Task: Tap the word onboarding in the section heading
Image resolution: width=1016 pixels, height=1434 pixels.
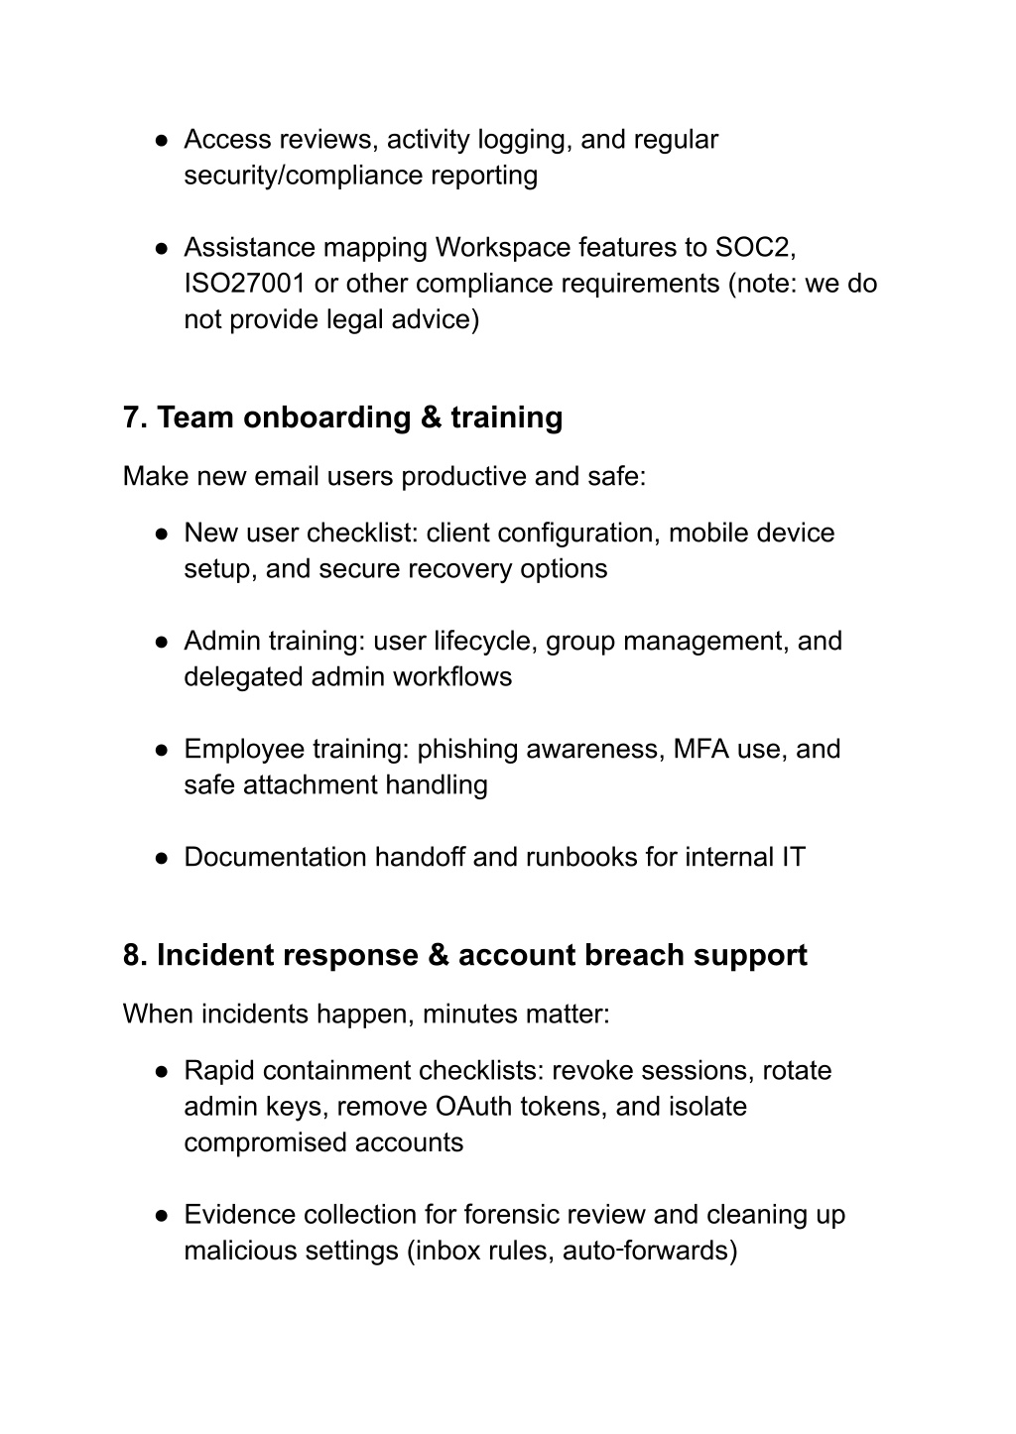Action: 326,418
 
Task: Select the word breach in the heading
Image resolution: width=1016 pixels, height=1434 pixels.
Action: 634,955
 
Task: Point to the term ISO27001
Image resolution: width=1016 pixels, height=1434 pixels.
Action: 244,284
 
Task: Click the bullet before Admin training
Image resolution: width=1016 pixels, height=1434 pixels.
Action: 160,642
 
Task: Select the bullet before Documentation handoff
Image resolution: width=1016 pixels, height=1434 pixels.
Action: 160,858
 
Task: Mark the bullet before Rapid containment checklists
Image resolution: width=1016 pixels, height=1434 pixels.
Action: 160,1072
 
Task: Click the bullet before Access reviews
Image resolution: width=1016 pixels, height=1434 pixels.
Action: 160,140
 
